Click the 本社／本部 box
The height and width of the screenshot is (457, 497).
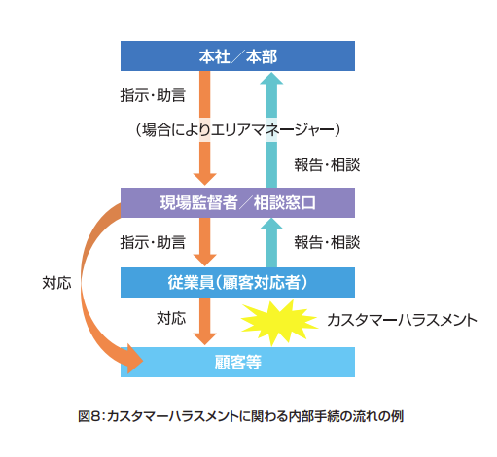237,55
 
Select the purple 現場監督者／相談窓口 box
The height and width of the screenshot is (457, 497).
237,202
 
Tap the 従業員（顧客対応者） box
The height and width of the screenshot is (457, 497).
237,282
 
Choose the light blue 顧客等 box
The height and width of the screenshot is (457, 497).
237,362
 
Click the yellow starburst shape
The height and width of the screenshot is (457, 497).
279,322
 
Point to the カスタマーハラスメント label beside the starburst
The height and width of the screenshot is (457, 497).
402,320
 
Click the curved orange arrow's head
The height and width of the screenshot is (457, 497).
133,359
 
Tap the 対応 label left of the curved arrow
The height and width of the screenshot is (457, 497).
56,283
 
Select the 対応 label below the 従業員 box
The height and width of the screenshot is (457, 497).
171,318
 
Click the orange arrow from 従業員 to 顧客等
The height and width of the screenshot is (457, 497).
205,321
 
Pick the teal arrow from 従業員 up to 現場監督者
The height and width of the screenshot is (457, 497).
271,242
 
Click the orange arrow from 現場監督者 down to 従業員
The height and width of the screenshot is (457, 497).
205,242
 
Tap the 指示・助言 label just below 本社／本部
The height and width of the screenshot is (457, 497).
153,95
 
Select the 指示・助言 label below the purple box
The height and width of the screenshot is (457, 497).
153,242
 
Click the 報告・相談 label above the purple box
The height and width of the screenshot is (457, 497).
327,165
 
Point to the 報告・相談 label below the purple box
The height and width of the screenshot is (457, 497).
327,242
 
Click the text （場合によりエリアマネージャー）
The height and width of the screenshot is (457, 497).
237,130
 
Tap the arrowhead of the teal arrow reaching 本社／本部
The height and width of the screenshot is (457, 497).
271,78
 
